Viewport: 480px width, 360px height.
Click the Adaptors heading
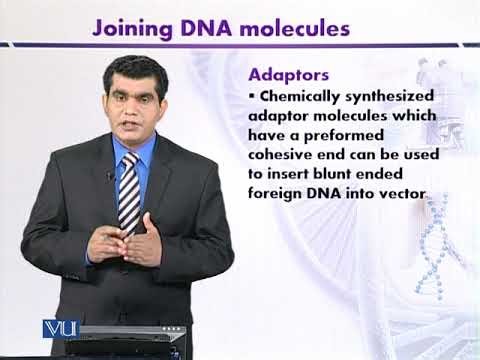[293, 75]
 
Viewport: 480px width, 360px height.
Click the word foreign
[279, 195]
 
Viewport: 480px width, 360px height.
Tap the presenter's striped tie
[128, 190]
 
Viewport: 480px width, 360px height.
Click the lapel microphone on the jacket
[109, 176]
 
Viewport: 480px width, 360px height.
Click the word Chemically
[303, 97]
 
